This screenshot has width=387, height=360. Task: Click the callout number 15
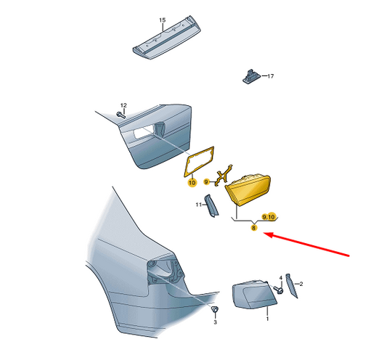pyautogui.click(x=162, y=20)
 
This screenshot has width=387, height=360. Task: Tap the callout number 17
pyautogui.click(x=271, y=76)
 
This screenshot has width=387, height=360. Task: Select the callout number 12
pyautogui.click(x=123, y=105)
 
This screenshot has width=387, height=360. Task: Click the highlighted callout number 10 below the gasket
pyautogui.click(x=192, y=183)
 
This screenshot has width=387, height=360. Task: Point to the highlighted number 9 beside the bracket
pyautogui.click(x=206, y=182)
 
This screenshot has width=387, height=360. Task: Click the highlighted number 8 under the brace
pyautogui.click(x=253, y=228)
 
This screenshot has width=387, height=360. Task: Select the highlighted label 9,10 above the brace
pyautogui.click(x=268, y=217)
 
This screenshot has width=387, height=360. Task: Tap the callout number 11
pyautogui.click(x=199, y=205)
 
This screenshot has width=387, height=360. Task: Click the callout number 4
pyautogui.click(x=280, y=278)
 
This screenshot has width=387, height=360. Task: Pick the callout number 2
pyautogui.click(x=301, y=284)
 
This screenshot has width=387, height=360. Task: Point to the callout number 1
pyautogui.click(x=267, y=319)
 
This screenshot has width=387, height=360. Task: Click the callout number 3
pyautogui.click(x=215, y=322)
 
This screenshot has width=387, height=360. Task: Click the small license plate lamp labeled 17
pyautogui.click(x=251, y=76)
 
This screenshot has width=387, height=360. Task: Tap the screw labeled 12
pyautogui.click(x=121, y=115)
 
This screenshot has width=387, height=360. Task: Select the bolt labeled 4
pyautogui.click(x=278, y=290)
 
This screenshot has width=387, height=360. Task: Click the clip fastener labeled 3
pyautogui.click(x=214, y=309)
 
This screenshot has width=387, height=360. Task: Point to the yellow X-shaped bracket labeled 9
pyautogui.click(x=224, y=174)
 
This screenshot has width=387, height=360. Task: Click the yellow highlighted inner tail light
pyautogui.click(x=248, y=189)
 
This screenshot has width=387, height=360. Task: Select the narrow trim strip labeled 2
pyautogui.click(x=291, y=286)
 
